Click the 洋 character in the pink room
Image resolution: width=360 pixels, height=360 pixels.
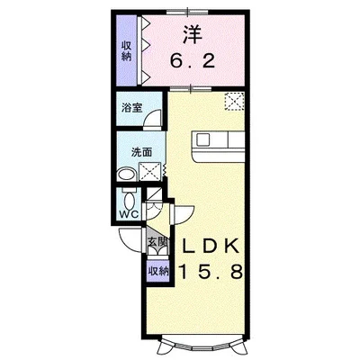(192, 35)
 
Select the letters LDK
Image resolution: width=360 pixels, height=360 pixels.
(213, 246)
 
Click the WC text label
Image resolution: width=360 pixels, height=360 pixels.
(128, 214)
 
